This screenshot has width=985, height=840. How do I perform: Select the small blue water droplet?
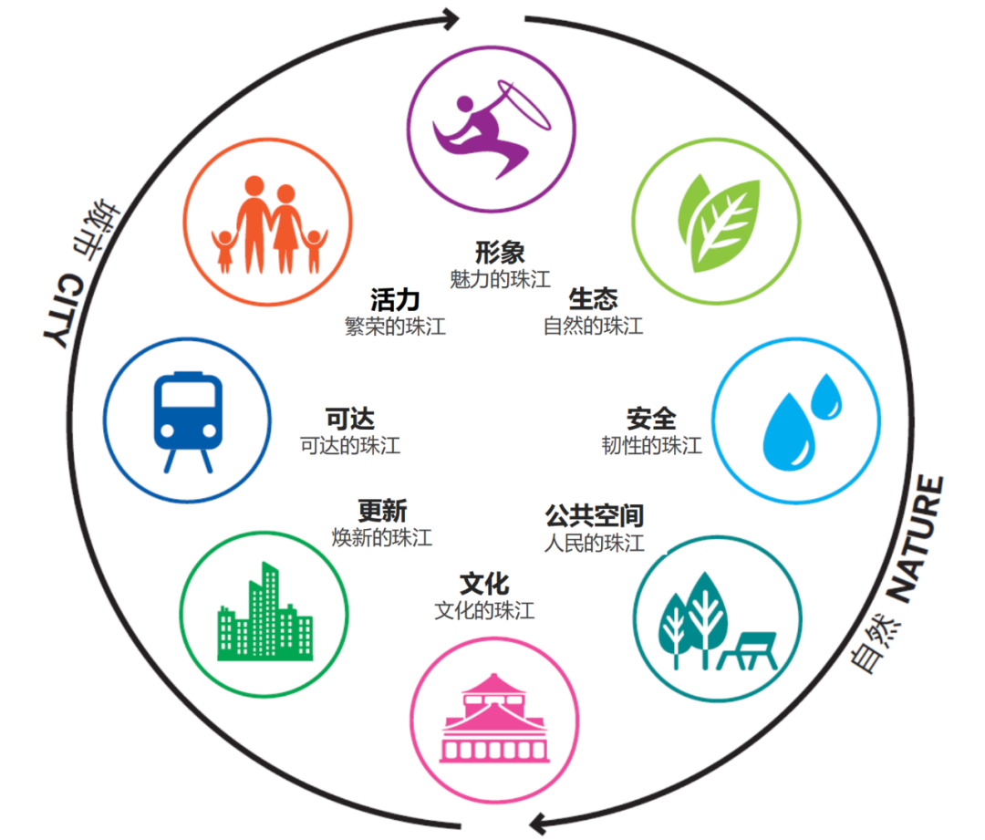point(827,396)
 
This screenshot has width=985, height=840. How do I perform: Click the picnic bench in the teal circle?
point(749,650)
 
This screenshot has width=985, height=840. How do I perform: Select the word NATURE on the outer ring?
point(918,538)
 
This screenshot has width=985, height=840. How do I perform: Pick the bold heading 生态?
point(593,298)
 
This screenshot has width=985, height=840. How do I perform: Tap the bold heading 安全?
point(651,419)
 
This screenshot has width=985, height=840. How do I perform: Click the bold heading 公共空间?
point(594,515)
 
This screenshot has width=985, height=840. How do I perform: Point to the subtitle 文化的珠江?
point(484,610)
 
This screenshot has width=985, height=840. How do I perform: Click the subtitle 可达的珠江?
point(350,446)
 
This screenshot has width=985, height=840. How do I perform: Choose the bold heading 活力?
point(395,299)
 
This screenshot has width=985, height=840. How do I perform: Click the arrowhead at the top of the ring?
point(451,17)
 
